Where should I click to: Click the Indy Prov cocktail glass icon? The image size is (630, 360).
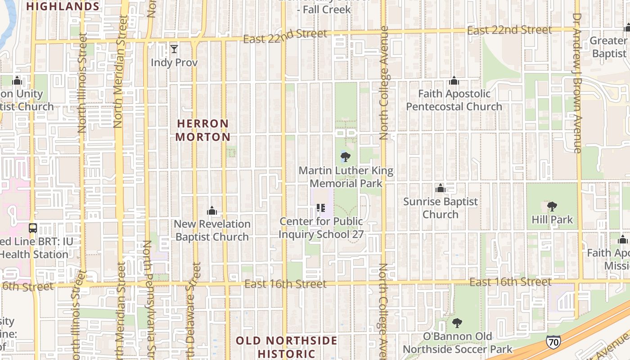(174, 49)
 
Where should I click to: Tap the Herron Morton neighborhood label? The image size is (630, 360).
(202, 130)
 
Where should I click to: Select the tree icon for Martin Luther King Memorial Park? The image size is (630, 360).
(345, 157)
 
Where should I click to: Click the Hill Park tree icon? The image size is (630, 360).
(552, 207)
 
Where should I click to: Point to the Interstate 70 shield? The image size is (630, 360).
(553, 342)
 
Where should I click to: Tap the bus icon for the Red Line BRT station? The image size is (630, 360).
(33, 228)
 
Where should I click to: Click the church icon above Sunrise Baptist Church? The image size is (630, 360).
(441, 188)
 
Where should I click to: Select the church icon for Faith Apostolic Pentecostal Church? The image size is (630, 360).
(454, 81)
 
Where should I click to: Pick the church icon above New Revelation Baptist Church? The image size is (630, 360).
(212, 211)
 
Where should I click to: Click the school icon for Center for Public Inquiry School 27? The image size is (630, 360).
(321, 207)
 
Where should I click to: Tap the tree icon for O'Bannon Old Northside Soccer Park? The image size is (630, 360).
(457, 323)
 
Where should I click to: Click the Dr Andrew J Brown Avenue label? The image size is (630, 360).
(577, 83)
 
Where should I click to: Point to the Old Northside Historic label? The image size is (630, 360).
(286, 347)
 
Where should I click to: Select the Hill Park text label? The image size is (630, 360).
(552, 220)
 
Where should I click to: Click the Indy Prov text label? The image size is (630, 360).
(174, 63)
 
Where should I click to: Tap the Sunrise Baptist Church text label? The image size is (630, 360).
(441, 208)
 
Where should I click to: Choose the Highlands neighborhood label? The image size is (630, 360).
(63, 6)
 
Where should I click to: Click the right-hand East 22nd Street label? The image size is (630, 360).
(509, 30)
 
